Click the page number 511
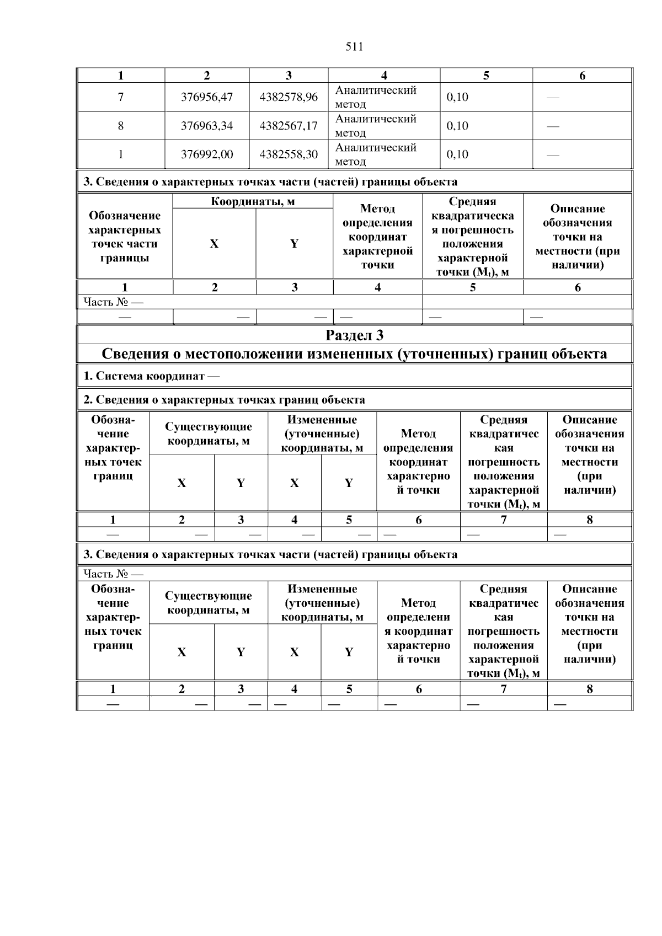354,47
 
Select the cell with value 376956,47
207,97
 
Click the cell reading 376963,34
207,126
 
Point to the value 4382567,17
289,126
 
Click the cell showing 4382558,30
289,154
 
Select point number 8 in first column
121,126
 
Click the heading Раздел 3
354,335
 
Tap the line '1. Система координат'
151,377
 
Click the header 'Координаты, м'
253,201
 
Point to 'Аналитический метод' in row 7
376,97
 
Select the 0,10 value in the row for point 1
457,154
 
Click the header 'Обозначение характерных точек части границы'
125,237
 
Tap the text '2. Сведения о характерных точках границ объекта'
224,400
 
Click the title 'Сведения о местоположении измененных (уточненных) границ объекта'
354,354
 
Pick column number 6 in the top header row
582,76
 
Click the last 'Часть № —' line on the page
113,574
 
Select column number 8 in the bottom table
589,689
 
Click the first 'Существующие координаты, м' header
209,434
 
